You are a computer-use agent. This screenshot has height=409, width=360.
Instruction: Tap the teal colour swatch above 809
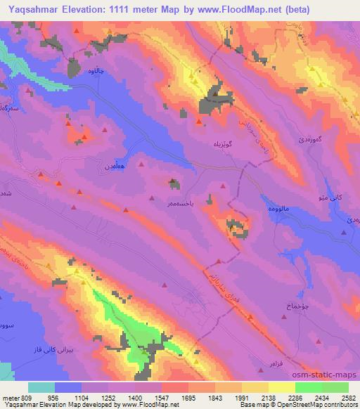pos(41,387)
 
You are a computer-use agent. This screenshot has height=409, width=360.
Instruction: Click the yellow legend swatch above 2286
pos(282,387)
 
